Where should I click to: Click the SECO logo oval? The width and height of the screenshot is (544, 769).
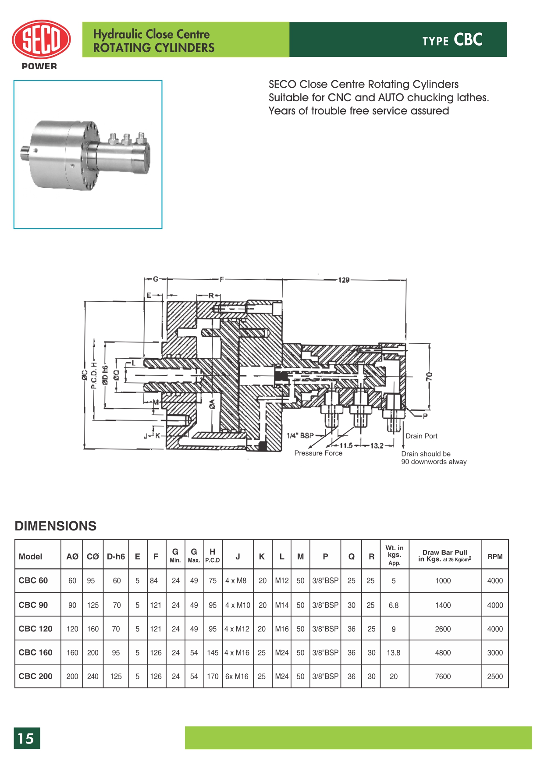41,39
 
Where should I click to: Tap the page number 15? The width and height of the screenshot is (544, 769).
26,738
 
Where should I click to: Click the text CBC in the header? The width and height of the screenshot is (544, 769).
468,40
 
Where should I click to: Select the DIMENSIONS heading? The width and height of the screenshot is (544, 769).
56,526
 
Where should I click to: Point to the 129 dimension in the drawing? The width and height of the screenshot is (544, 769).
344,280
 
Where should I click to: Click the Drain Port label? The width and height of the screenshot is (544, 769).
421,436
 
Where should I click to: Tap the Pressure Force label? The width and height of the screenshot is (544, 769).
318,453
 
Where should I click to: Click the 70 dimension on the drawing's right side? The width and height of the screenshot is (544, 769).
429,376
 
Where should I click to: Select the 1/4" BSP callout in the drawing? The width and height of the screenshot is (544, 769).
300,435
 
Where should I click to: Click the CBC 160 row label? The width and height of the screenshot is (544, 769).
36,652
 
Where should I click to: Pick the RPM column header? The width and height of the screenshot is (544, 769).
495,556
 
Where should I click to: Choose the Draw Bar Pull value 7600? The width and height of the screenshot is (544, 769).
443,676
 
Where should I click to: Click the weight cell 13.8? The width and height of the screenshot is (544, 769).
393,652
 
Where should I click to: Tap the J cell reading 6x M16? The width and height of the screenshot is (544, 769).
237,676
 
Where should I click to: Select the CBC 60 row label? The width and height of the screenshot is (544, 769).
33,580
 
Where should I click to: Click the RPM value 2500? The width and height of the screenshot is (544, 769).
495,676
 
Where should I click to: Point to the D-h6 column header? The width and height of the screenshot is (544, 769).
116,556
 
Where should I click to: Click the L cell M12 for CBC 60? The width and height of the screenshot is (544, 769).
282,580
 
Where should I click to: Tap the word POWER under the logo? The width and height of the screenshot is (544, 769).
39,66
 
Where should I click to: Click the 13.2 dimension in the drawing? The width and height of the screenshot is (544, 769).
377,445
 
